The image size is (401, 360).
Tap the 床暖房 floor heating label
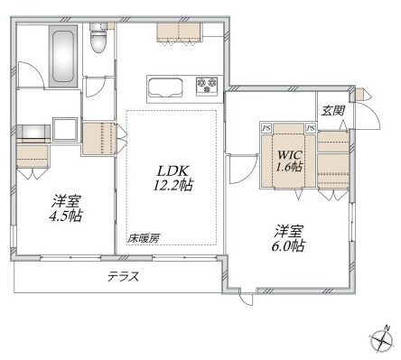[144, 238]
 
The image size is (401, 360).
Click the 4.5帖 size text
[64, 216]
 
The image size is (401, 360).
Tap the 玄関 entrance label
[331, 110]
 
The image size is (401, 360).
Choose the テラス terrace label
[123, 277]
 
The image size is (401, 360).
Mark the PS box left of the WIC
[266, 127]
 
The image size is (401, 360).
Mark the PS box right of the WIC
[311, 127]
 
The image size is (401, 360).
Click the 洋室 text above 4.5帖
[64, 199]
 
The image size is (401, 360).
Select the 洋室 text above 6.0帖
[288, 229]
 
